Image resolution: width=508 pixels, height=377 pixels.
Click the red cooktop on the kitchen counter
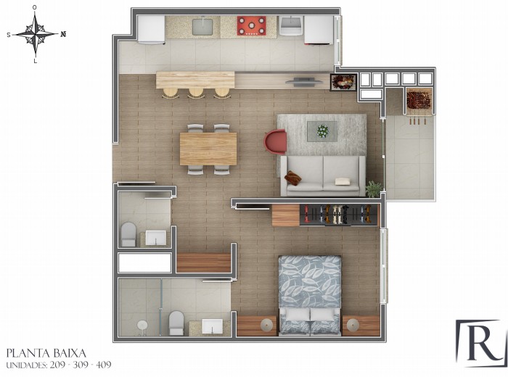click(x=251, y=25)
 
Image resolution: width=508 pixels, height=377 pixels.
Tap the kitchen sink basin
click(x=202, y=27)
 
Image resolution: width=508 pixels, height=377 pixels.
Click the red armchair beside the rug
click(x=275, y=141)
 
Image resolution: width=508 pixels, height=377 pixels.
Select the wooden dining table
click(x=208, y=149)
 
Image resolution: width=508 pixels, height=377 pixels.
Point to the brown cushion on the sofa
click(x=293, y=178)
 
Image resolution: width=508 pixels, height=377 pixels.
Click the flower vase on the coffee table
click(x=322, y=131)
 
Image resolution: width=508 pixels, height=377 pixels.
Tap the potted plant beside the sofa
click(x=374, y=188)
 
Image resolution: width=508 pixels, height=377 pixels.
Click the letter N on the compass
click(x=63, y=33)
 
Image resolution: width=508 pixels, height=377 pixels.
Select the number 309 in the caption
click(x=81, y=365)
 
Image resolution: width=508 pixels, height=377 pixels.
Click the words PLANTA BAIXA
click(x=46, y=353)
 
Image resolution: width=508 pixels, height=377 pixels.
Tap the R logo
click(x=480, y=344)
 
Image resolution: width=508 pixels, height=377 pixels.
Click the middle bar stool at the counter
click(x=196, y=93)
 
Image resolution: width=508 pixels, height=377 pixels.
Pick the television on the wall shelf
click(x=304, y=81)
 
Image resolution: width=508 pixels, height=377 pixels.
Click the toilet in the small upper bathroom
click(x=128, y=235)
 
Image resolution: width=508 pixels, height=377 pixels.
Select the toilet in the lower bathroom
click(x=176, y=323)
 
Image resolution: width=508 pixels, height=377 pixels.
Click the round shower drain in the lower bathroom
click(x=142, y=325)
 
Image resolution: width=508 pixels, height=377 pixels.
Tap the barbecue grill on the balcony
click(x=419, y=100)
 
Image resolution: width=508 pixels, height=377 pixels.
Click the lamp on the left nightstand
click(x=267, y=325)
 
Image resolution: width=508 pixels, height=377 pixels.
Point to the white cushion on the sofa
click(x=343, y=181)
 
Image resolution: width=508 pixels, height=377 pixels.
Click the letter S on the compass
click(x=9, y=35)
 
